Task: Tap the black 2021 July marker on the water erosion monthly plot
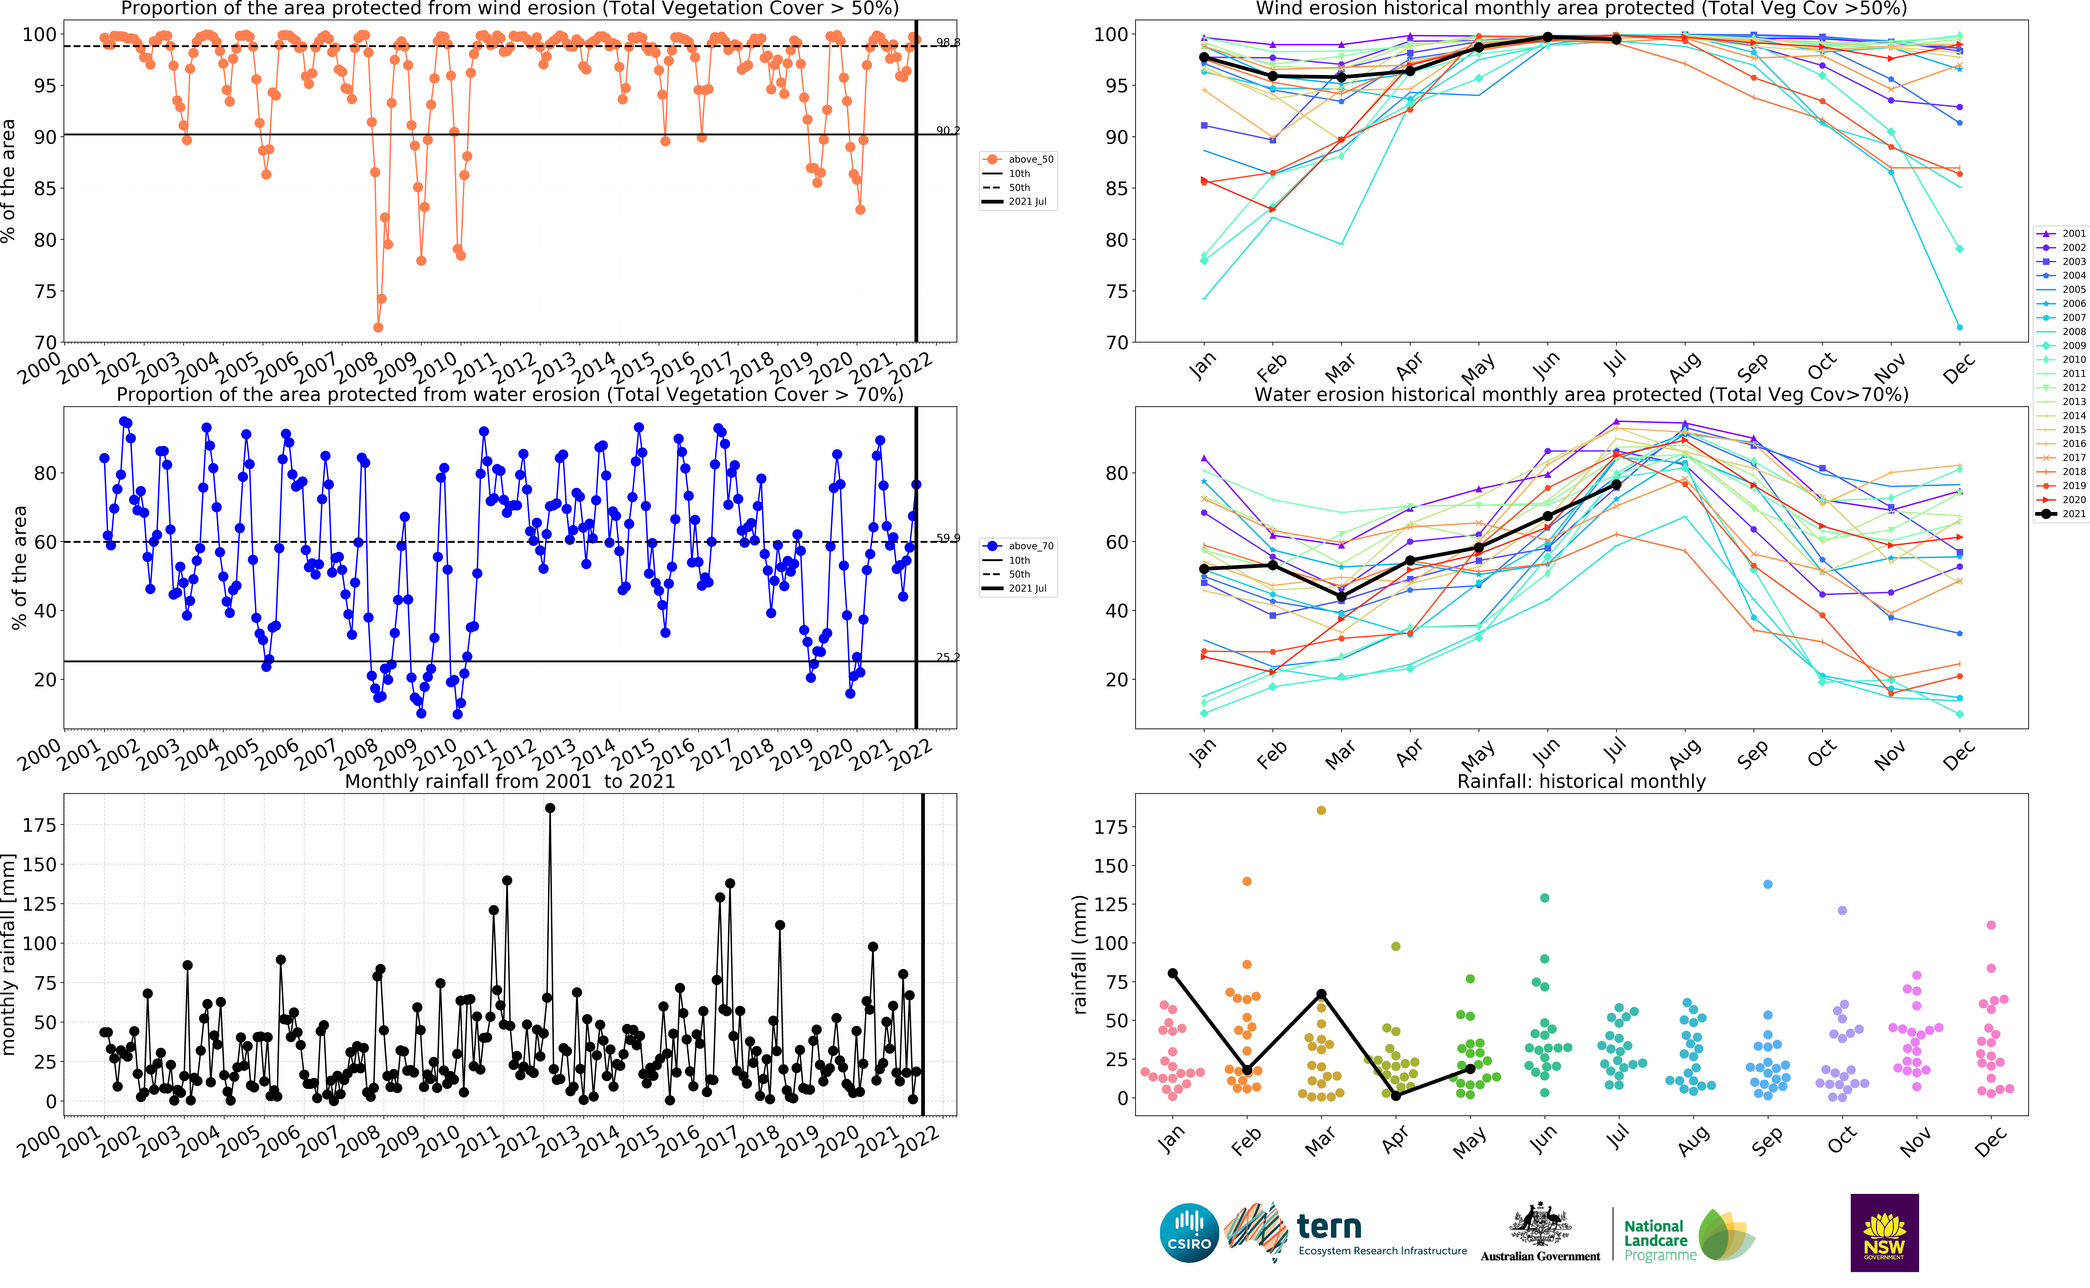point(1616,485)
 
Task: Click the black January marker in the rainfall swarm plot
point(1173,973)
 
